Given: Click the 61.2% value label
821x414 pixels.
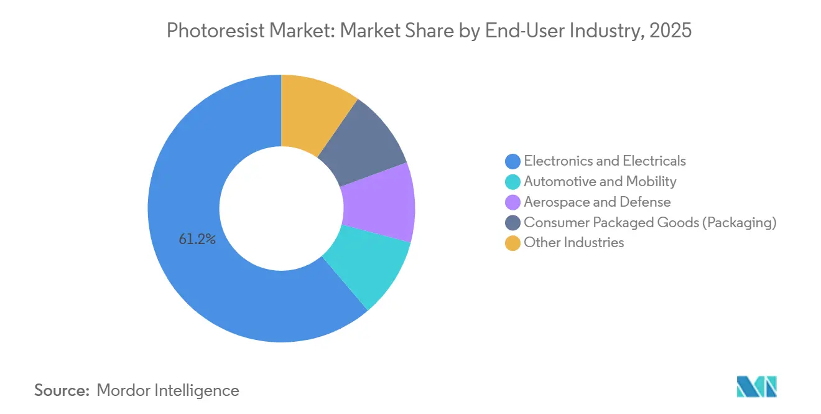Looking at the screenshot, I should pyautogui.click(x=197, y=239).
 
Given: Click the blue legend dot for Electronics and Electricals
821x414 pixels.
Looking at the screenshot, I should pyautogui.click(x=513, y=161).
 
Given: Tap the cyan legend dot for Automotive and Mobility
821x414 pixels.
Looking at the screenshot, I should pyautogui.click(x=513, y=182).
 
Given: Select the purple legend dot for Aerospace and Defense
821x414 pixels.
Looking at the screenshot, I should pyautogui.click(x=513, y=202).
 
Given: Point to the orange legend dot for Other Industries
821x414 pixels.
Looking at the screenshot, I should pyautogui.click(x=513, y=243).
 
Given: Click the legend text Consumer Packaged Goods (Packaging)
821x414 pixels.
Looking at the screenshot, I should pyautogui.click(x=650, y=222).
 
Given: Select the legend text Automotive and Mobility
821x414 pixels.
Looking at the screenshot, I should pyautogui.click(x=600, y=182).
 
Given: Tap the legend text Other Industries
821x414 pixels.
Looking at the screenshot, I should pyautogui.click(x=573, y=243).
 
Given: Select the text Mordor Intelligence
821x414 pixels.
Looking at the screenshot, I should pyautogui.click(x=168, y=390).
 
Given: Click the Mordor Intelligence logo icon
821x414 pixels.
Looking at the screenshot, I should pyautogui.click(x=756, y=387).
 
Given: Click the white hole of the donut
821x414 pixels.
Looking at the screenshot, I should pyautogui.click(x=281, y=209).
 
